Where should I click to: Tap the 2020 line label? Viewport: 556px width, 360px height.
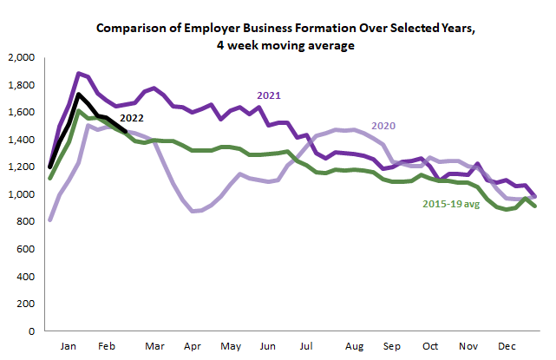tap(384, 126)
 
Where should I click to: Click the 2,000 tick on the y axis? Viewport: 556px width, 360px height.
tap(19, 57)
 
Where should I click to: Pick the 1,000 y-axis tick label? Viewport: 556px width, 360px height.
tap(19, 194)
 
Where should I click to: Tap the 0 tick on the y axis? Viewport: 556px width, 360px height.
tap(29, 331)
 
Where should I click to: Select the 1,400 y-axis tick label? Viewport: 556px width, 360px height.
tap(19, 140)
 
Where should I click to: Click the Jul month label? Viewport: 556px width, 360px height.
tap(306, 345)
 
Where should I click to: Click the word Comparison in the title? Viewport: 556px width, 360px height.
tap(134, 28)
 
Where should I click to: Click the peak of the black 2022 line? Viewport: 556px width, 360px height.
tap(79, 94)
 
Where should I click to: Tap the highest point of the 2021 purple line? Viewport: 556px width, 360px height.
tap(79, 74)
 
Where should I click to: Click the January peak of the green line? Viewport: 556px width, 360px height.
tap(79, 111)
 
